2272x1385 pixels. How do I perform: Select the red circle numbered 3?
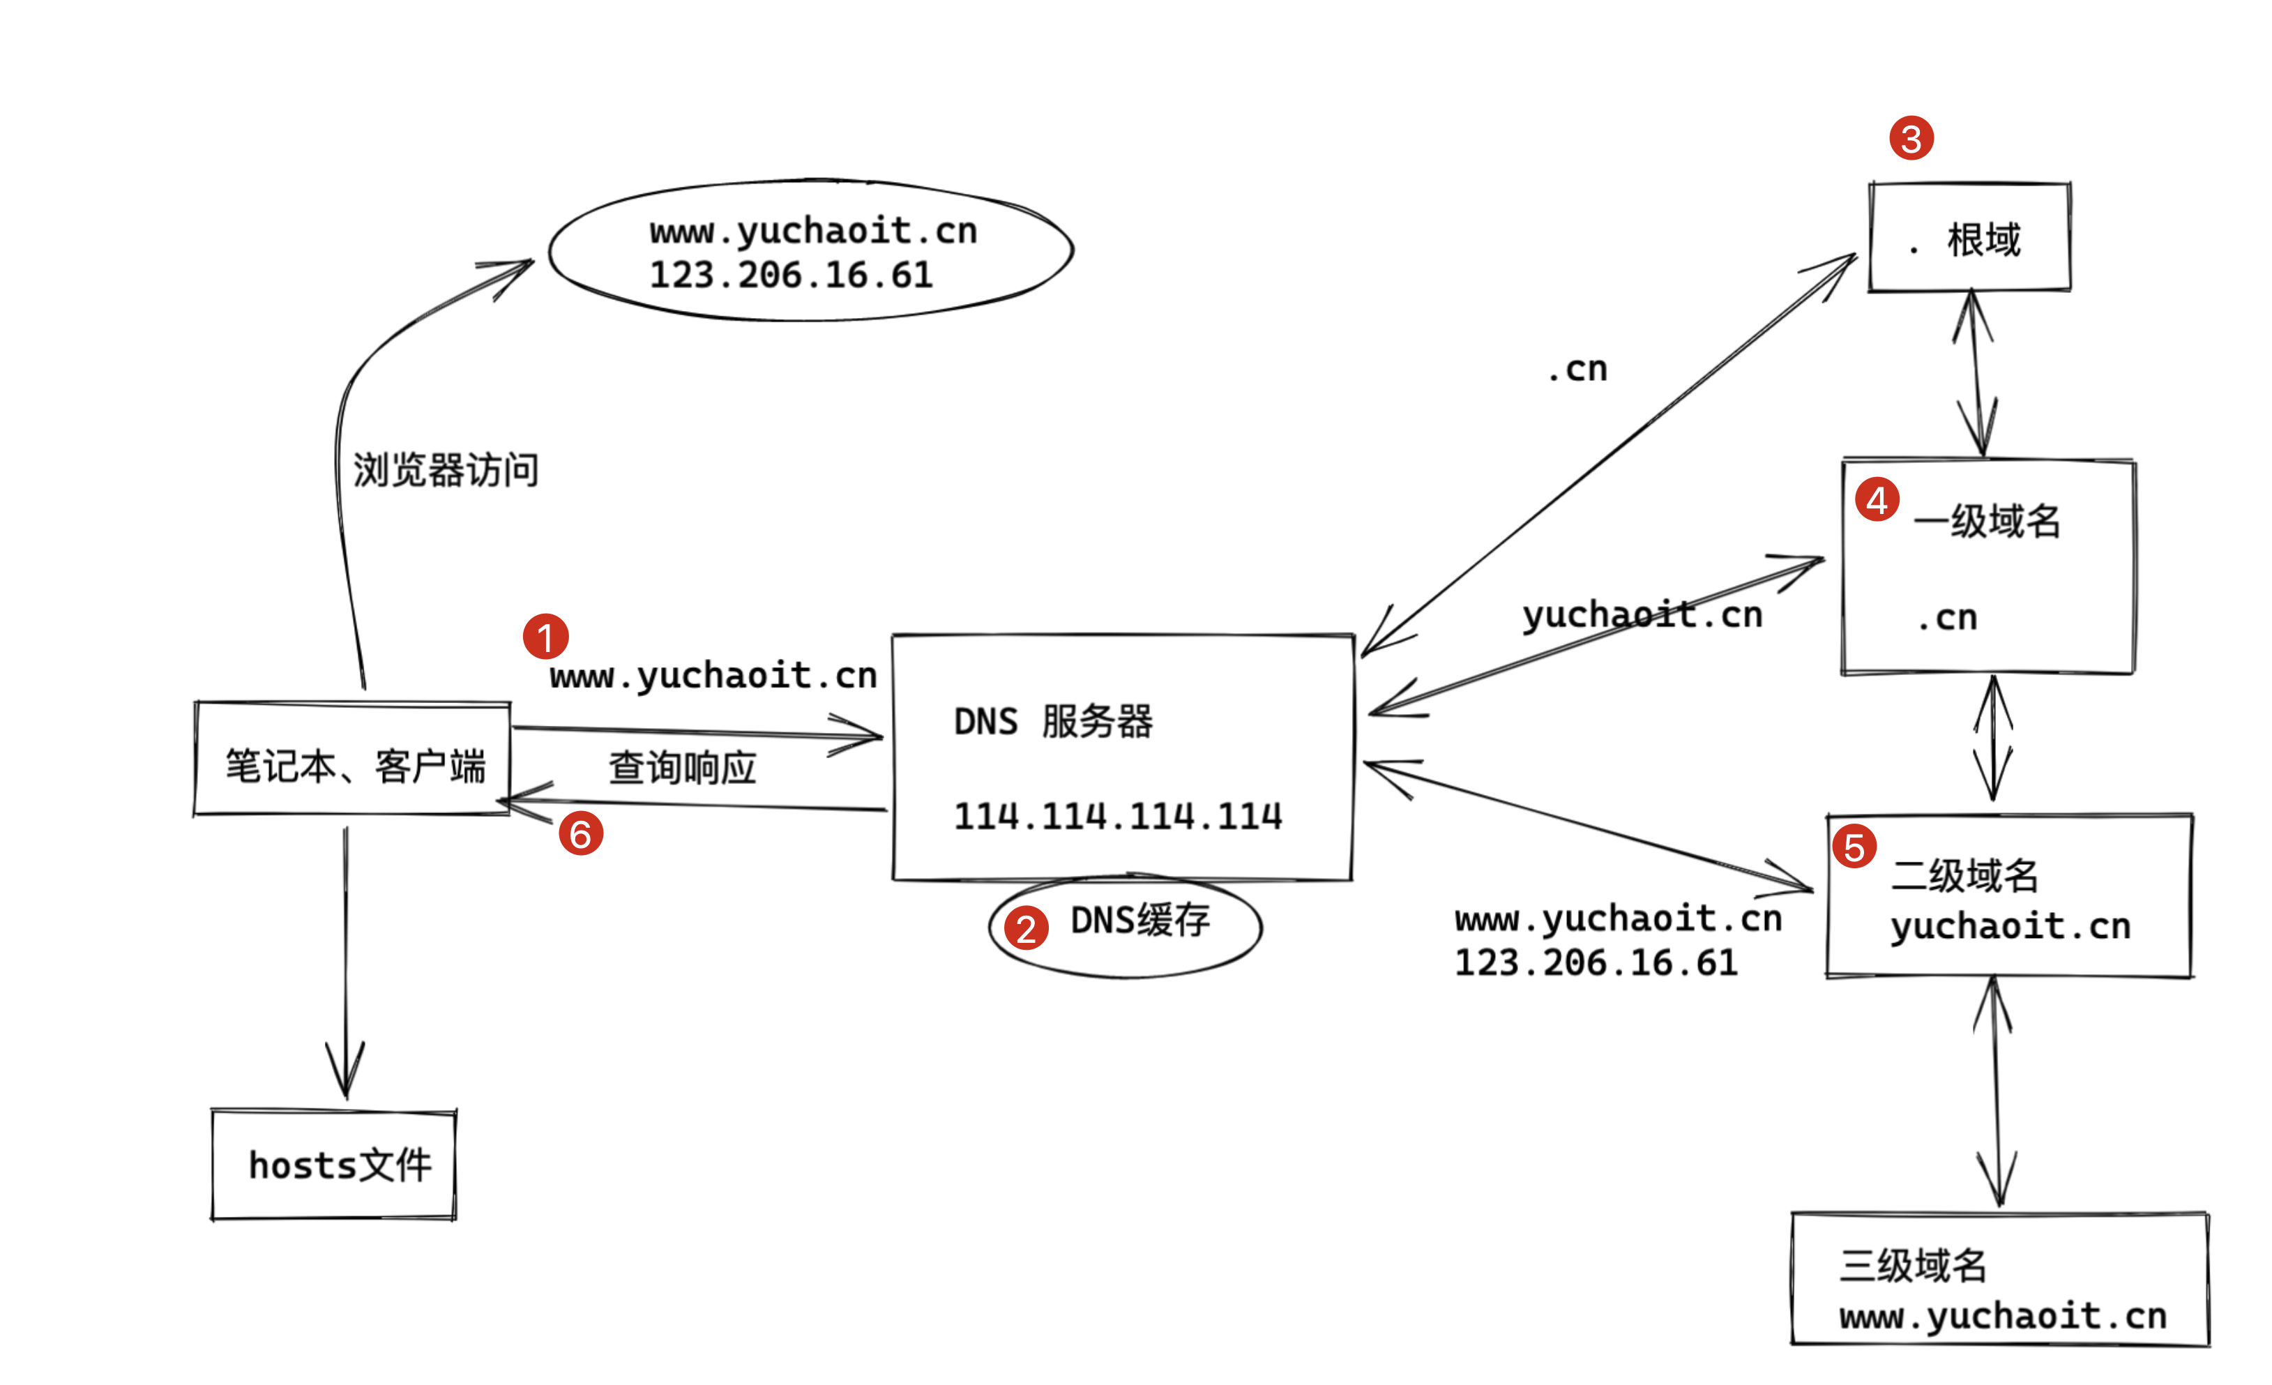[1911, 138]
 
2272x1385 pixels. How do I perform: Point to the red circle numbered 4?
[1877, 500]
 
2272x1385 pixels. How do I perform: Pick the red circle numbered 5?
[1854, 847]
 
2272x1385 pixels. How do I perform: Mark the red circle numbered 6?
[581, 833]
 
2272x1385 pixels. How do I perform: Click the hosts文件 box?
[334, 1165]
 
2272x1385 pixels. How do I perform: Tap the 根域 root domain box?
[1969, 239]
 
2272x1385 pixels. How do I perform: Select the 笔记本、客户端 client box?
[353, 765]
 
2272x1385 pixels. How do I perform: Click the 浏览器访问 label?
[446, 470]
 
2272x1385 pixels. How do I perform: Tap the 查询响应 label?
[682, 768]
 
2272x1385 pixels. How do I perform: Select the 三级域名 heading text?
[1914, 1266]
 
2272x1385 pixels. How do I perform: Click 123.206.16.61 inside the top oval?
[791, 275]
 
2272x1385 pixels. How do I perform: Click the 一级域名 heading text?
[1987, 522]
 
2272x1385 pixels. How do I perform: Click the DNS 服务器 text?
[1053, 722]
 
